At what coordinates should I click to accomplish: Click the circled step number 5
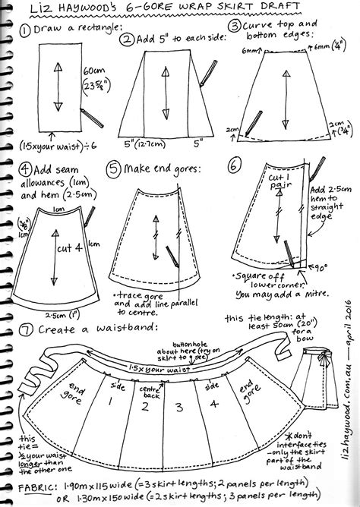coord(115,168)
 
